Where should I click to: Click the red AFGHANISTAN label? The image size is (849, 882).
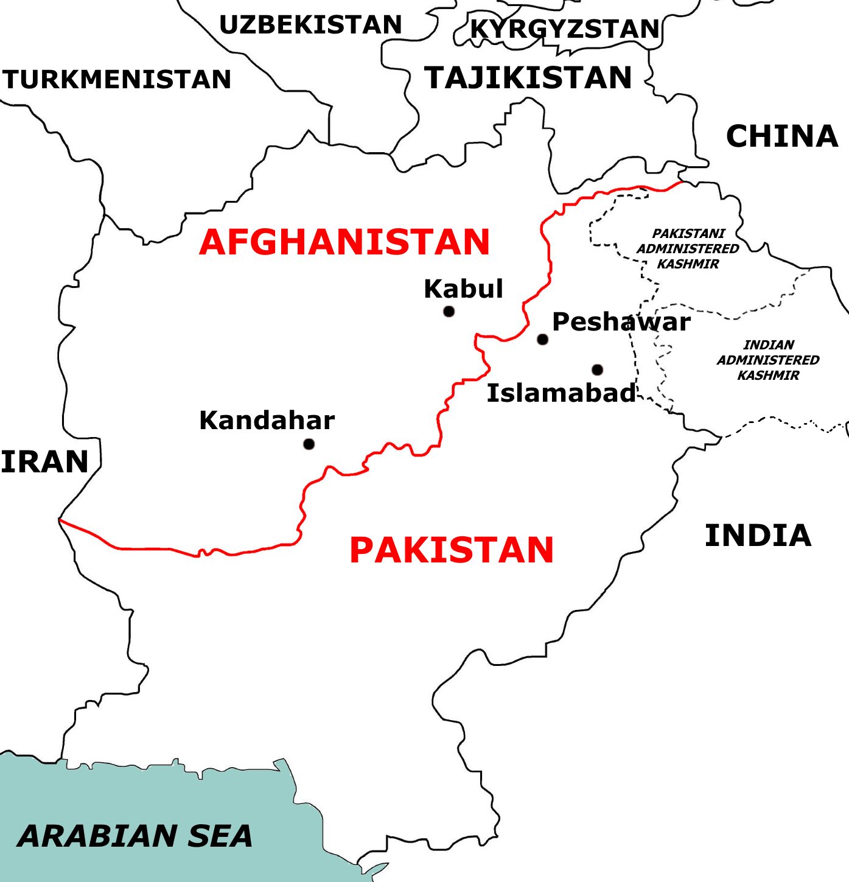(344, 242)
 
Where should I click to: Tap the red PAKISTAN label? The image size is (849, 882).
(451, 550)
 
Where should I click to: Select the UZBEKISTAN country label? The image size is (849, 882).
(310, 25)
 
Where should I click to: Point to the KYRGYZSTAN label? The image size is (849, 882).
(565, 29)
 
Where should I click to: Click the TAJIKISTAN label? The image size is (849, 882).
(528, 78)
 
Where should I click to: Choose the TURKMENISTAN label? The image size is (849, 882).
(116, 80)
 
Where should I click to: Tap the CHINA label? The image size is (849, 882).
(782, 136)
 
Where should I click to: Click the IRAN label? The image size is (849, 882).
(44, 462)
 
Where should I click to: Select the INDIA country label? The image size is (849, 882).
(758, 536)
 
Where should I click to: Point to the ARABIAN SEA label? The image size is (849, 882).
(135, 836)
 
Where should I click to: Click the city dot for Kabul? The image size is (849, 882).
(449, 312)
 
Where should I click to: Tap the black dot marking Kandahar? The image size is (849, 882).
(309, 444)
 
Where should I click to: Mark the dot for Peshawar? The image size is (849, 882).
(542, 339)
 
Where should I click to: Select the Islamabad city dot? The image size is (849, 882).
(597, 369)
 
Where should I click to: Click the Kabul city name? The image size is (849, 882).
(463, 289)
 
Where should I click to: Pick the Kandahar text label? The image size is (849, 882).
(267, 421)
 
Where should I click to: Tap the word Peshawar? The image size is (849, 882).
(621, 322)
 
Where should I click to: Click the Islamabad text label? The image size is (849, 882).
(561, 393)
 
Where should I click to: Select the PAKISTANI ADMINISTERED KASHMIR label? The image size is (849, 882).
(688, 249)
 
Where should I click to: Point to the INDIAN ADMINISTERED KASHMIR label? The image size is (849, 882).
(768, 360)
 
